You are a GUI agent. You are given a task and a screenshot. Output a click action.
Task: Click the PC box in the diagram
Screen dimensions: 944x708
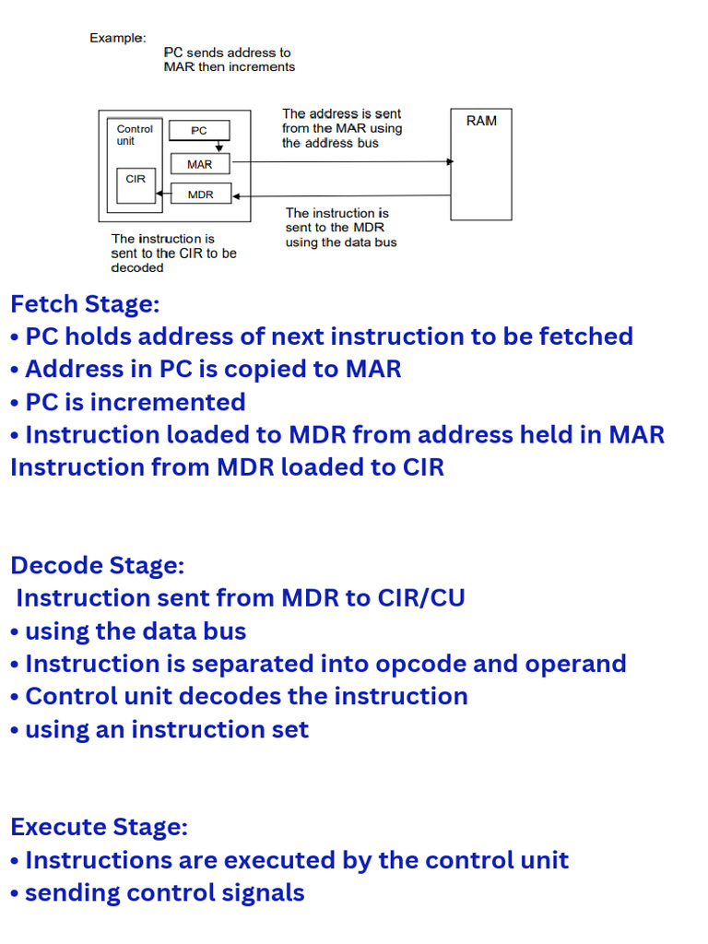click(x=199, y=131)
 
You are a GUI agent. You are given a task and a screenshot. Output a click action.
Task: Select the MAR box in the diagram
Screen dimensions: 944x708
click(x=199, y=164)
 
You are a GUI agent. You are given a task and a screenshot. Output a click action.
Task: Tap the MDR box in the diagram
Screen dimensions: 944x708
click(x=200, y=195)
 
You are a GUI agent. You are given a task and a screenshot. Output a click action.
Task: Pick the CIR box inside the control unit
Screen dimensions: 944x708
click(x=136, y=179)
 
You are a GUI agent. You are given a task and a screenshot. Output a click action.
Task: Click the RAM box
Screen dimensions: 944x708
click(x=480, y=164)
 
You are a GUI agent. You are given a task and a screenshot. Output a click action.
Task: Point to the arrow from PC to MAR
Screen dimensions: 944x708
click(x=219, y=146)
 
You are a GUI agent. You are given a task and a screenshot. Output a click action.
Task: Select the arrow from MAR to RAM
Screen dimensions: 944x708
click(x=341, y=161)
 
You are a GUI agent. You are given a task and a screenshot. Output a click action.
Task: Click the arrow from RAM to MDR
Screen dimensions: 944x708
click(x=341, y=195)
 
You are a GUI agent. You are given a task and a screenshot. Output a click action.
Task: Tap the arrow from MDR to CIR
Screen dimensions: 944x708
click(x=164, y=194)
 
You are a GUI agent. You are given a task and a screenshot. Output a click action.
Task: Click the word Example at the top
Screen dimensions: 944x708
click(x=117, y=38)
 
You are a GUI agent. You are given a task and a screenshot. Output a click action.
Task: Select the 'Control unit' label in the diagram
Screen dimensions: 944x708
click(x=135, y=135)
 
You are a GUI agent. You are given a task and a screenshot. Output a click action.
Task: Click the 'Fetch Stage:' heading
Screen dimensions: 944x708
click(x=85, y=303)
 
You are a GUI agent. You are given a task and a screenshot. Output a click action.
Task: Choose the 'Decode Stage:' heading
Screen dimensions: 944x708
click(x=97, y=564)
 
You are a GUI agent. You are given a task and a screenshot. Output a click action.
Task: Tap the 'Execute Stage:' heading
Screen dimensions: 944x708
click(x=99, y=826)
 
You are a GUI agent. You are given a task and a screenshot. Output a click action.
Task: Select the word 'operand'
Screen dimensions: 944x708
click(x=575, y=664)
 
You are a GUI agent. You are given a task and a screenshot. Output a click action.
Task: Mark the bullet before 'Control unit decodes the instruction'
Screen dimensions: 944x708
click(x=15, y=696)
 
